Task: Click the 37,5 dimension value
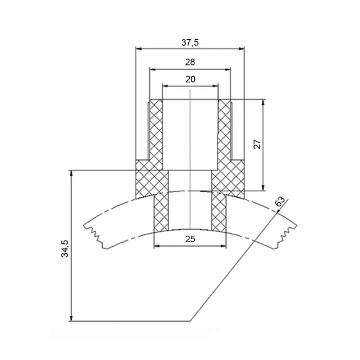coord(190,42)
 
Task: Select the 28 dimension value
coord(190,62)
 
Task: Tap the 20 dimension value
coord(190,79)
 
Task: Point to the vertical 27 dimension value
coord(258,144)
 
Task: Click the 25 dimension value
coord(190,239)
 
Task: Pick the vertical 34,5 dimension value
coord(65,248)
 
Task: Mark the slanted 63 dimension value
coord(280,202)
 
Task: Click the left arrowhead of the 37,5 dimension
coord(139,49)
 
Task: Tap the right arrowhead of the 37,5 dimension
coord(242,49)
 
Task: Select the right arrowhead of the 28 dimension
coord(228,69)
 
